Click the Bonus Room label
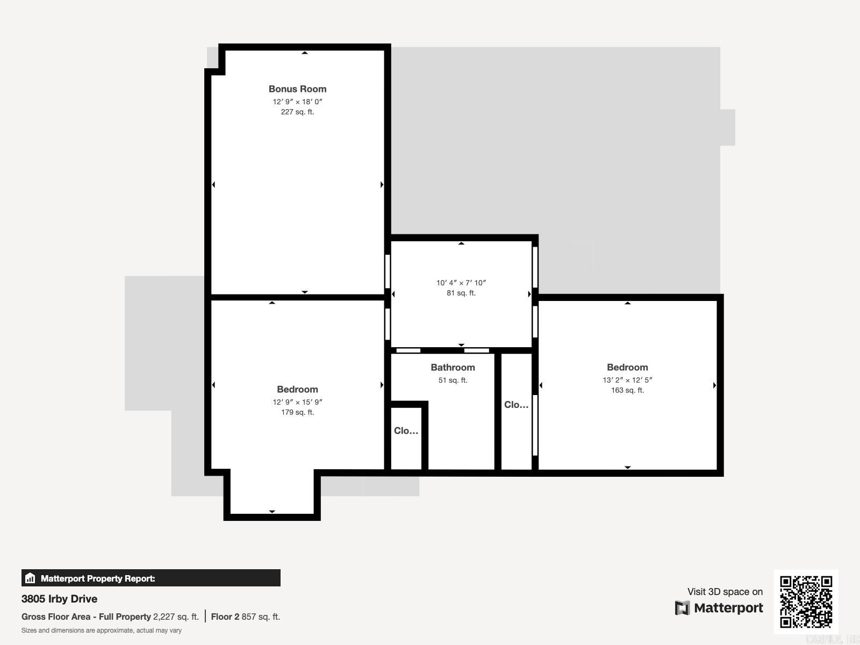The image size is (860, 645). click(x=297, y=89)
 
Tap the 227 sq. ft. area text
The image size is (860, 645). click(x=297, y=112)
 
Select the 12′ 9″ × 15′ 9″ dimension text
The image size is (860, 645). click(x=297, y=402)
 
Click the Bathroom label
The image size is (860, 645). click(x=453, y=368)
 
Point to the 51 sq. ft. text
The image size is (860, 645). click(x=453, y=380)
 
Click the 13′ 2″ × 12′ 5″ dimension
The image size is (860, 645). click(x=627, y=380)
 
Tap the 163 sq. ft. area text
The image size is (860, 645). click(x=627, y=390)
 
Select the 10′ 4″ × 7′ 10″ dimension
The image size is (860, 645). click(x=461, y=283)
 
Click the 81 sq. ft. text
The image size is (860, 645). click(x=461, y=293)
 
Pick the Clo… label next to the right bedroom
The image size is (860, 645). click(x=516, y=405)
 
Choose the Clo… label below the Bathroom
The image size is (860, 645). click(x=406, y=431)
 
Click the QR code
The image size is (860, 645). click(x=806, y=601)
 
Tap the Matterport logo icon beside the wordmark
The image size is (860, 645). click(x=682, y=608)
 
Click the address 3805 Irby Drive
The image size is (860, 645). click(x=59, y=599)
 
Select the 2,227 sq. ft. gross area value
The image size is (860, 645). click(x=176, y=617)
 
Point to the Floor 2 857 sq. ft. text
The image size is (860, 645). click(x=245, y=617)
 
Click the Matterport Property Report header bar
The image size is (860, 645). click(x=150, y=578)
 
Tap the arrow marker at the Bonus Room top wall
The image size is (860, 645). click(x=305, y=53)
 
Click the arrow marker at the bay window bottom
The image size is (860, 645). click(x=272, y=512)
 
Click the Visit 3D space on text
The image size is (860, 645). click(x=725, y=592)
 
